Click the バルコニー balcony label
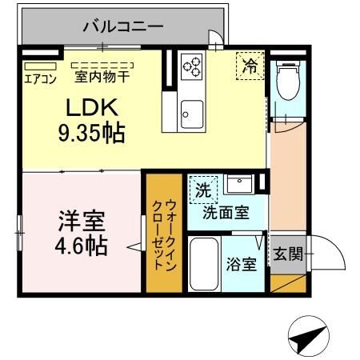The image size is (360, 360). coord(122,26)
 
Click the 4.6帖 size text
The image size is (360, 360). coord(82,245)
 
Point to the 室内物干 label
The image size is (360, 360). coord(102,78)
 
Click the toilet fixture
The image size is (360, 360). coord(284,79)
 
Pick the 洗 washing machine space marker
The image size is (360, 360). coord(203,191)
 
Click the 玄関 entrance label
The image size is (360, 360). coord(289,256)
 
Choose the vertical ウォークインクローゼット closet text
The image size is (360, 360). coord(162,231)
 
